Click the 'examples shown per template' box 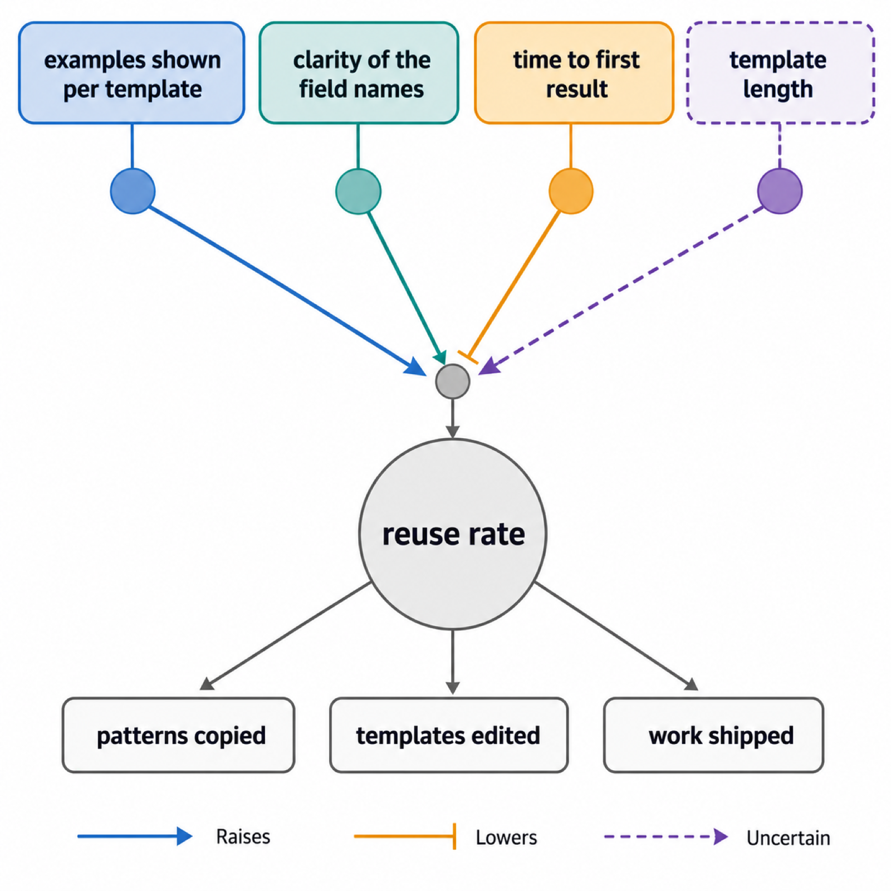(x=131, y=73)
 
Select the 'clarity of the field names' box (x=359, y=73)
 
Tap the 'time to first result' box (x=574, y=73)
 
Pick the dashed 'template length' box (x=780, y=73)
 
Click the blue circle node (x=133, y=191)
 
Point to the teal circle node (x=358, y=191)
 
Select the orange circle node (x=571, y=191)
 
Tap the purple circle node (x=780, y=191)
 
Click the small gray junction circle (x=453, y=381)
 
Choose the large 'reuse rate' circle (x=453, y=534)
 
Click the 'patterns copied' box (x=178, y=735)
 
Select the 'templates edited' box (x=449, y=735)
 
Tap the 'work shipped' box (x=713, y=735)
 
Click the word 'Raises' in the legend (x=243, y=836)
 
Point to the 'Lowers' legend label (x=506, y=837)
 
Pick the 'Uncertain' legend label (x=788, y=838)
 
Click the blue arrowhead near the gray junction (x=415, y=368)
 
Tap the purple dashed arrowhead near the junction (x=489, y=366)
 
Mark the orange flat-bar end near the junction (x=468, y=358)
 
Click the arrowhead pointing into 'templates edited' (x=453, y=687)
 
